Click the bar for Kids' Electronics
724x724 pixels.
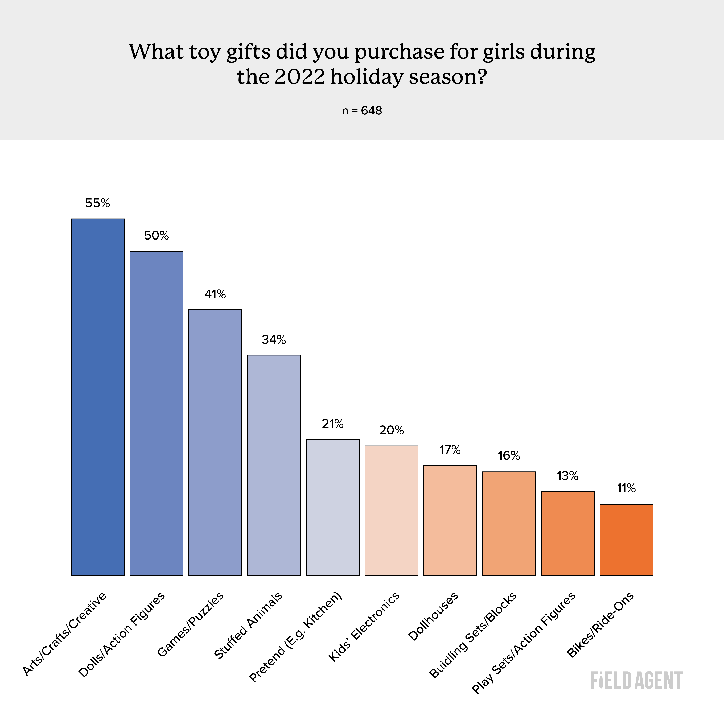tap(391, 510)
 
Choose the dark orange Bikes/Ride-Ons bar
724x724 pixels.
tap(626, 540)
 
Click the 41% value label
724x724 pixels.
tap(215, 294)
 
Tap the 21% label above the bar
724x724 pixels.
tap(332, 424)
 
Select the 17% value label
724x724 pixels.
tap(450, 450)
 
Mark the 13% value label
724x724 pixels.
tap(567, 476)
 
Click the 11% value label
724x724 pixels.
tap(626, 488)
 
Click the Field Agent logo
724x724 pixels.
tap(636, 681)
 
